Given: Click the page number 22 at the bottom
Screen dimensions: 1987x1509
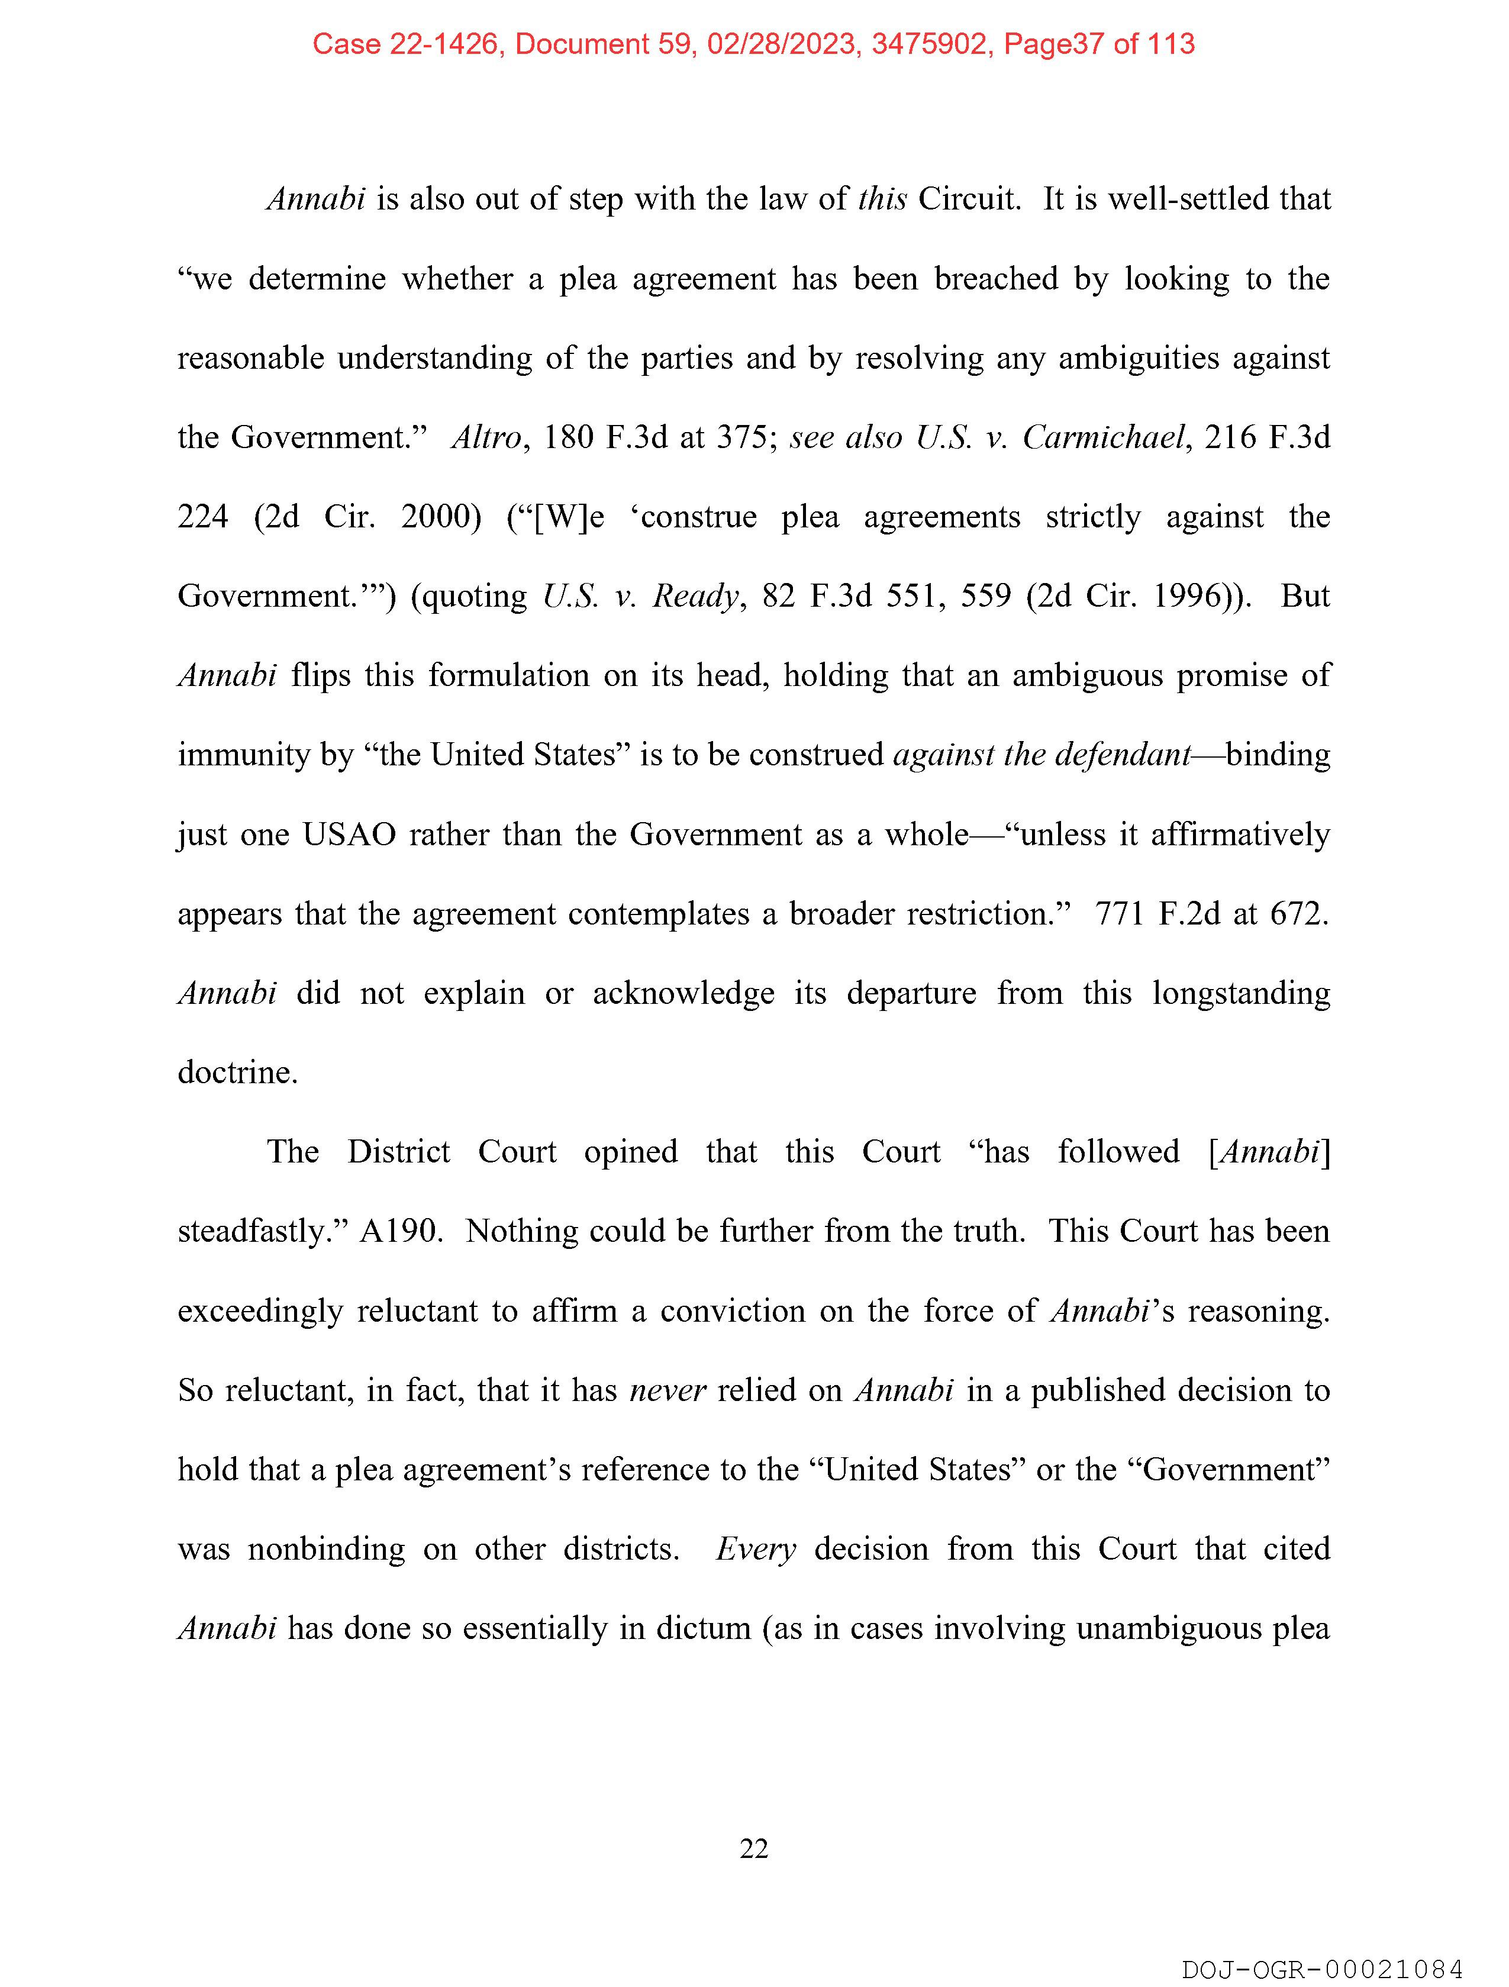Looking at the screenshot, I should click(x=753, y=1848).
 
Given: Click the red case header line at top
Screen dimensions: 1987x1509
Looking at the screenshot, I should click(x=753, y=43).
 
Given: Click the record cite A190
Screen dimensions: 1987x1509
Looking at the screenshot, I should click(x=401, y=1232).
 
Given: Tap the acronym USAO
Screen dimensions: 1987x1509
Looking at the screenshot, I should click(x=349, y=835).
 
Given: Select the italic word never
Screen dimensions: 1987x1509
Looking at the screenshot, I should click(x=668, y=1390).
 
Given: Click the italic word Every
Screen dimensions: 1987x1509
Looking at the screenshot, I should click(x=756, y=1550).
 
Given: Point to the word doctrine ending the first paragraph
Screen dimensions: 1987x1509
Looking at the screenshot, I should click(x=237, y=1073).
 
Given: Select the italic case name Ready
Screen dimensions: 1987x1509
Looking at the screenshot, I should click(x=694, y=597).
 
